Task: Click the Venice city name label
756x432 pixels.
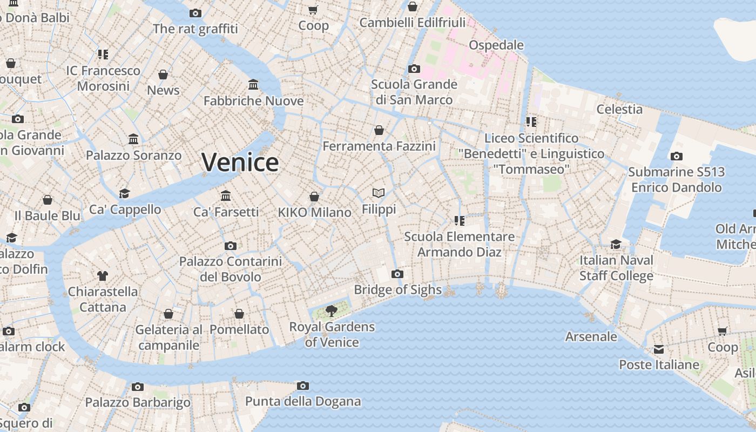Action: [240, 162]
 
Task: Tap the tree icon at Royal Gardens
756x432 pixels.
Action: [332, 310]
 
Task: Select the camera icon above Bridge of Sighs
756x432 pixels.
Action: [397, 274]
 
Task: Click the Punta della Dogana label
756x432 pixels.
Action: [303, 401]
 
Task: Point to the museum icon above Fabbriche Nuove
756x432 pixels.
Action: [253, 84]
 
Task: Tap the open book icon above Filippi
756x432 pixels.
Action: [379, 193]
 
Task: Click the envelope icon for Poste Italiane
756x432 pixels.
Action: [659, 349]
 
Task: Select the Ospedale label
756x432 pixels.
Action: [496, 45]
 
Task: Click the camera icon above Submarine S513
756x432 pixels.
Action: [676, 157]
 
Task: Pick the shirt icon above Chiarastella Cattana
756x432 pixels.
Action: [103, 275]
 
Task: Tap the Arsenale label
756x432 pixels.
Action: [591, 336]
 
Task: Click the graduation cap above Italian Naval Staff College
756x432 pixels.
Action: [616, 244]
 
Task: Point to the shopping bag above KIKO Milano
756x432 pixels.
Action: [314, 197]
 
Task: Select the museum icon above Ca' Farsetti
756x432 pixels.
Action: [226, 195]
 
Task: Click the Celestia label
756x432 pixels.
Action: [619, 109]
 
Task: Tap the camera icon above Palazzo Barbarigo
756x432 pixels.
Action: [138, 387]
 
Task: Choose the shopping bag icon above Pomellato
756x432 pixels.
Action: [239, 314]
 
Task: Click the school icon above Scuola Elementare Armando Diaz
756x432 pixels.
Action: [460, 220]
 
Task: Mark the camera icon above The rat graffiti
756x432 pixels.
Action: [195, 13]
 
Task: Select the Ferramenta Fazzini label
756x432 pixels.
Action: [379, 146]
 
